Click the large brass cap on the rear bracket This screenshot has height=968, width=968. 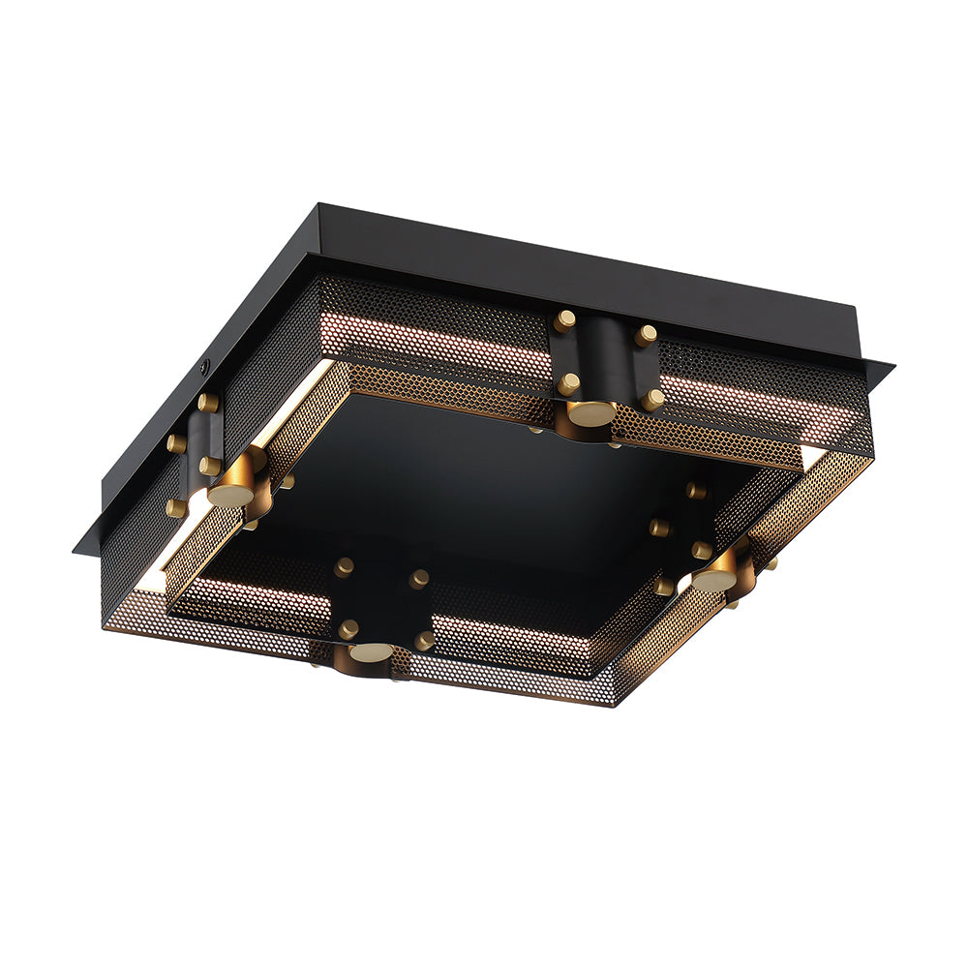(x=590, y=412)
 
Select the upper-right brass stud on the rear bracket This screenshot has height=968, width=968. (x=646, y=335)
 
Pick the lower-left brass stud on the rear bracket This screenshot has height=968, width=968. (x=568, y=384)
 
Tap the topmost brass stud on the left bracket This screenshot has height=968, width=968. (x=207, y=402)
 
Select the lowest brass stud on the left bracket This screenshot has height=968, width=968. (x=176, y=506)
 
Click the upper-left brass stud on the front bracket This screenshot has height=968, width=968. (x=344, y=567)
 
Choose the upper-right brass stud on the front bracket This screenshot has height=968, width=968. (x=418, y=579)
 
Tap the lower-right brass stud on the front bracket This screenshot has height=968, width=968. (x=424, y=640)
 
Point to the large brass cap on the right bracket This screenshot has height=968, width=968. (x=714, y=579)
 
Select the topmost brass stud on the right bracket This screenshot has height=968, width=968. (x=696, y=490)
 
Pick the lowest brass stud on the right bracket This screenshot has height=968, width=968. (x=665, y=585)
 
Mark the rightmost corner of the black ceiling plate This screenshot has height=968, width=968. (x=892, y=366)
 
